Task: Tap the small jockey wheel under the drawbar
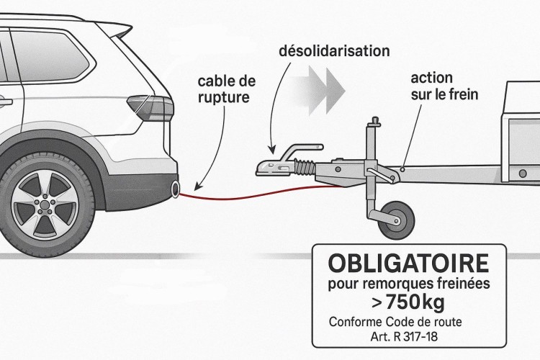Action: click(x=393, y=217)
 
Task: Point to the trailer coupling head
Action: click(x=272, y=166)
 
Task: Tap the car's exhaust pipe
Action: click(x=175, y=190)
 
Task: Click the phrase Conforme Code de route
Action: click(x=395, y=321)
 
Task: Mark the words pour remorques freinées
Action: click(x=408, y=284)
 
